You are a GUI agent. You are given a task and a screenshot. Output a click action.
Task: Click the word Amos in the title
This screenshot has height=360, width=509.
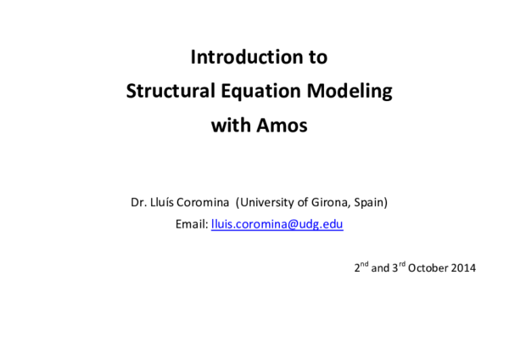click(281, 126)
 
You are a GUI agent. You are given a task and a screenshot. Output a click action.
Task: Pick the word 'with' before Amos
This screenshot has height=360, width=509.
click(230, 126)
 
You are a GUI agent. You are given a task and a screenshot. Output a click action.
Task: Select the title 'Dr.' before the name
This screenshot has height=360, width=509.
click(137, 203)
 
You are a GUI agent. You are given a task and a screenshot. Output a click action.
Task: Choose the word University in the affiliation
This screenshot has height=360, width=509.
click(267, 203)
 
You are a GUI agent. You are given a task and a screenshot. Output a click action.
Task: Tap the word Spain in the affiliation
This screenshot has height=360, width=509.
click(368, 203)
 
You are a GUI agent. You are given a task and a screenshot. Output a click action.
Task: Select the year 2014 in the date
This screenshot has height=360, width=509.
click(464, 268)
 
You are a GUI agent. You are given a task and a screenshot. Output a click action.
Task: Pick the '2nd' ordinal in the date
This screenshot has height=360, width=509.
click(361, 267)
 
